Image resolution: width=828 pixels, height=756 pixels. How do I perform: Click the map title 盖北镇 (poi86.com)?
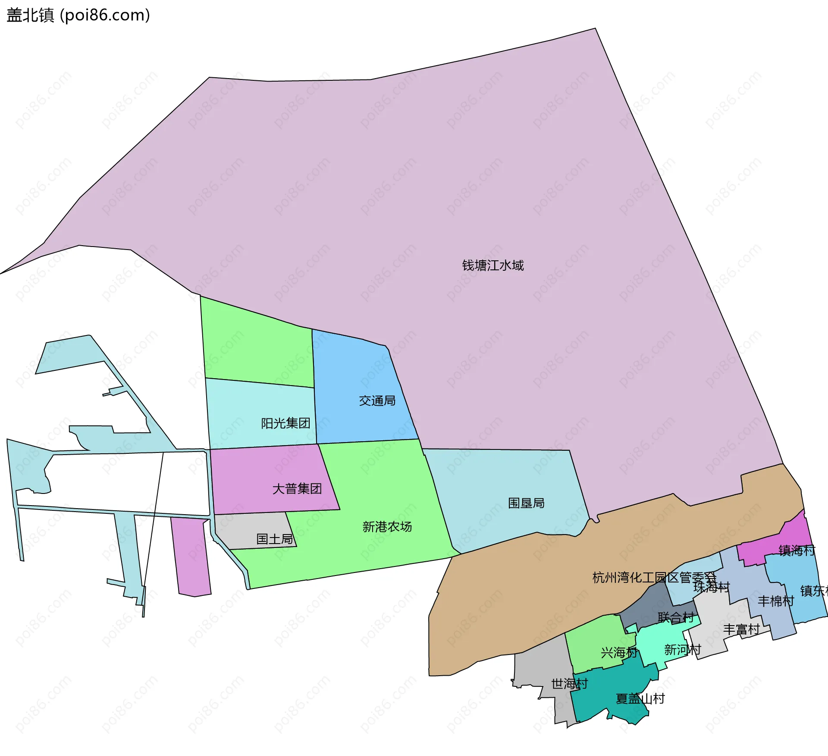[78, 15]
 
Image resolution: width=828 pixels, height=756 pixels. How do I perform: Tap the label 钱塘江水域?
[493, 265]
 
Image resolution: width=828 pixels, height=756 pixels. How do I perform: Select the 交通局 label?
[377, 401]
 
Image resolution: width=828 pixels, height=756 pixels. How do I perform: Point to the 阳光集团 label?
[285, 423]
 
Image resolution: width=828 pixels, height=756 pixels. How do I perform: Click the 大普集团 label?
[297, 489]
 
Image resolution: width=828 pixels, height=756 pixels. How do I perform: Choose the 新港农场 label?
[387, 527]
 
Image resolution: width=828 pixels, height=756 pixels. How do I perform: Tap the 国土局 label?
[274, 539]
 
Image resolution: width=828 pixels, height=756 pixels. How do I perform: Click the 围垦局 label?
[526, 503]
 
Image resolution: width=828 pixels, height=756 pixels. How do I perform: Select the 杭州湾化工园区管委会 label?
[654, 577]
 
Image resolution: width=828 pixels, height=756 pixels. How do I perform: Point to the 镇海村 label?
[797, 550]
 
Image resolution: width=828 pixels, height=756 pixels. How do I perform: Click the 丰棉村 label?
[776, 601]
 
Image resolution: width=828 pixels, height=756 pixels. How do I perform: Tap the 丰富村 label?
[741, 629]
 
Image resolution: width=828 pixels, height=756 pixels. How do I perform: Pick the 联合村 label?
[676, 617]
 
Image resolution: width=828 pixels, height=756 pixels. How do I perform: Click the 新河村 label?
[682, 649]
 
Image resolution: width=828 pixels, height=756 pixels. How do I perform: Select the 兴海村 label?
[619, 652]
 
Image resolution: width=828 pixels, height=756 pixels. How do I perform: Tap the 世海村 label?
[569, 683]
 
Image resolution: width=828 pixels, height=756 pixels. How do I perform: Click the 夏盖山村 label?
[640, 699]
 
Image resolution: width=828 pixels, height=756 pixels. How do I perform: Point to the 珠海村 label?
[712, 587]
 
